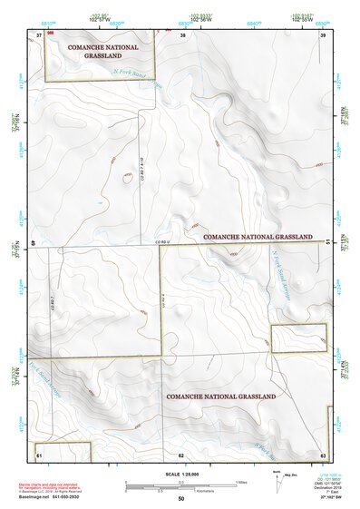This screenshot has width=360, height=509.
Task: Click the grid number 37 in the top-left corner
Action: tap(39, 34)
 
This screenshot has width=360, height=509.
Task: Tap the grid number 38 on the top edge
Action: tap(182, 34)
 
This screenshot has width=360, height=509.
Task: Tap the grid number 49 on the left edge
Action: tap(35, 243)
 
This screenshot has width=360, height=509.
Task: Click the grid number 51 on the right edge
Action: tap(326, 242)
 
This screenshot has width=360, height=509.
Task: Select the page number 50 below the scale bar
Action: tap(181, 500)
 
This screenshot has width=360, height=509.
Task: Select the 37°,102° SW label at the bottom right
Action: tap(317, 499)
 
